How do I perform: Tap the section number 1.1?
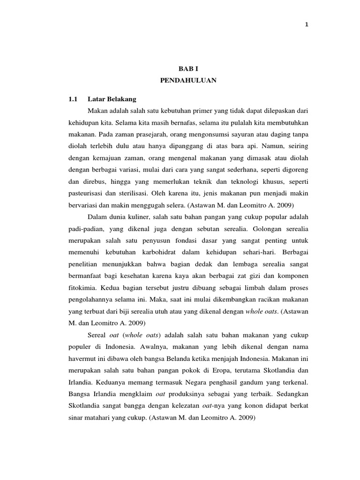[x=73, y=99]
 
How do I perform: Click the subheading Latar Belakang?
[x=112, y=99]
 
